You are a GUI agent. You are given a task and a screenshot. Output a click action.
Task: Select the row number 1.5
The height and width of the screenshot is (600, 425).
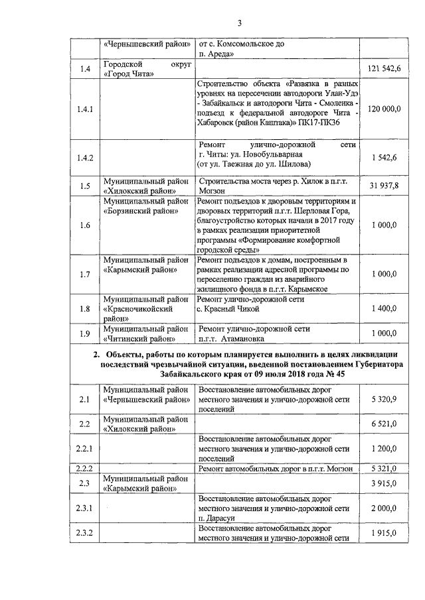pos(85,186)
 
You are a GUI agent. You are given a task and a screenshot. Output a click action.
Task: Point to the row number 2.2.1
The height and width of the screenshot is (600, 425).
pos(86,449)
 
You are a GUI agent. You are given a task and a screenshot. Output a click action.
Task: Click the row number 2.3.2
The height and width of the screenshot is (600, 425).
pos(86,534)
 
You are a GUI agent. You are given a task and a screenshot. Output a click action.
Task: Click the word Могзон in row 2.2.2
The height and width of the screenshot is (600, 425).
pos(335,469)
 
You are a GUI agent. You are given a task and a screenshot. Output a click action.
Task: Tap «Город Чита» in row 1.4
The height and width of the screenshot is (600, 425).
pos(129,74)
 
